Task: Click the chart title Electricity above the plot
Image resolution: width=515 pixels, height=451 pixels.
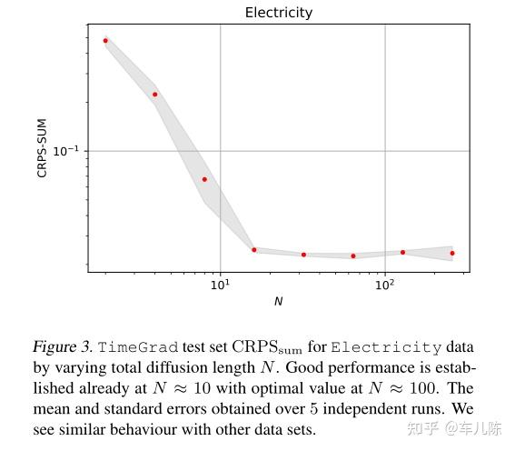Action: click(279, 13)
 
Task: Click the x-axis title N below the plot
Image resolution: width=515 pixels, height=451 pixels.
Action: click(278, 301)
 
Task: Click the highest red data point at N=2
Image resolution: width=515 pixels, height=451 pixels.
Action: click(105, 41)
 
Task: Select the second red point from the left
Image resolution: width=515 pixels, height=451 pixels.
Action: click(155, 95)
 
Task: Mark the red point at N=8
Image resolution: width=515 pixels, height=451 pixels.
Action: click(204, 179)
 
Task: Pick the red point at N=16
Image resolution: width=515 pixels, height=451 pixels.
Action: click(254, 249)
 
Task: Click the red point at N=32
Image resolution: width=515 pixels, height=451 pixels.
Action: click(303, 255)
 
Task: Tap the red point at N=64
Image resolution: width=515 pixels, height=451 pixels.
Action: click(353, 256)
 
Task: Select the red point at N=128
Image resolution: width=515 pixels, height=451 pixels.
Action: click(402, 252)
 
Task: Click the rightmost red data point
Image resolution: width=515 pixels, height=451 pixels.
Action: click(452, 253)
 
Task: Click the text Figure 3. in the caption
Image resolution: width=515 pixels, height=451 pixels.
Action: click(61, 347)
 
